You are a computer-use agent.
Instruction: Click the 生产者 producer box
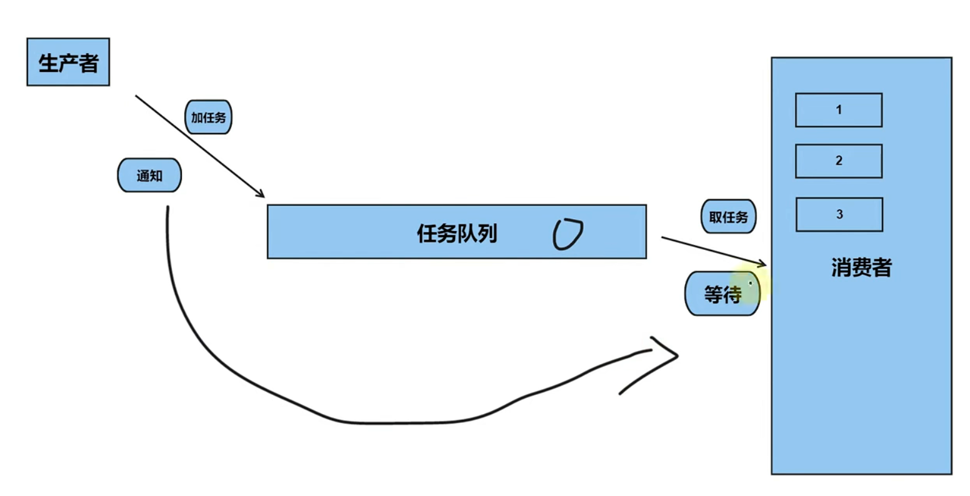click(68, 62)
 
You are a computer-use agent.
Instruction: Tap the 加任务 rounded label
click(208, 117)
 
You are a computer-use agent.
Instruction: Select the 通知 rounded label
click(149, 175)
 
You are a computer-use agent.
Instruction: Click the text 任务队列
click(457, 233)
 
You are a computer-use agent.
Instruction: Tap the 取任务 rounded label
click(728, 216)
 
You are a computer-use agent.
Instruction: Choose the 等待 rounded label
click(722, 294)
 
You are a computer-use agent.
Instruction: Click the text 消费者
click(861, 267)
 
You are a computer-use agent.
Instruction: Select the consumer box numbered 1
click(839, 110)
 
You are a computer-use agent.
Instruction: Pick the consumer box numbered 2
click(839, 161)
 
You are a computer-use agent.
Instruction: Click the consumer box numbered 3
click(839, 215)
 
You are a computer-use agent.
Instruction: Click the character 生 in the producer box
click(49, 63)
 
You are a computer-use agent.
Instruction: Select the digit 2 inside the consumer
click(839, 161)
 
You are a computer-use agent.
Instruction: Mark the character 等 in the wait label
click(714, 294)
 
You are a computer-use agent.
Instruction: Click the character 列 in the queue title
click(487, 233)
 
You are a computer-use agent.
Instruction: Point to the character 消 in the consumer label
click(841, 267)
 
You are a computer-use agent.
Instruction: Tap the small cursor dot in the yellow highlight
click(751, 284)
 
